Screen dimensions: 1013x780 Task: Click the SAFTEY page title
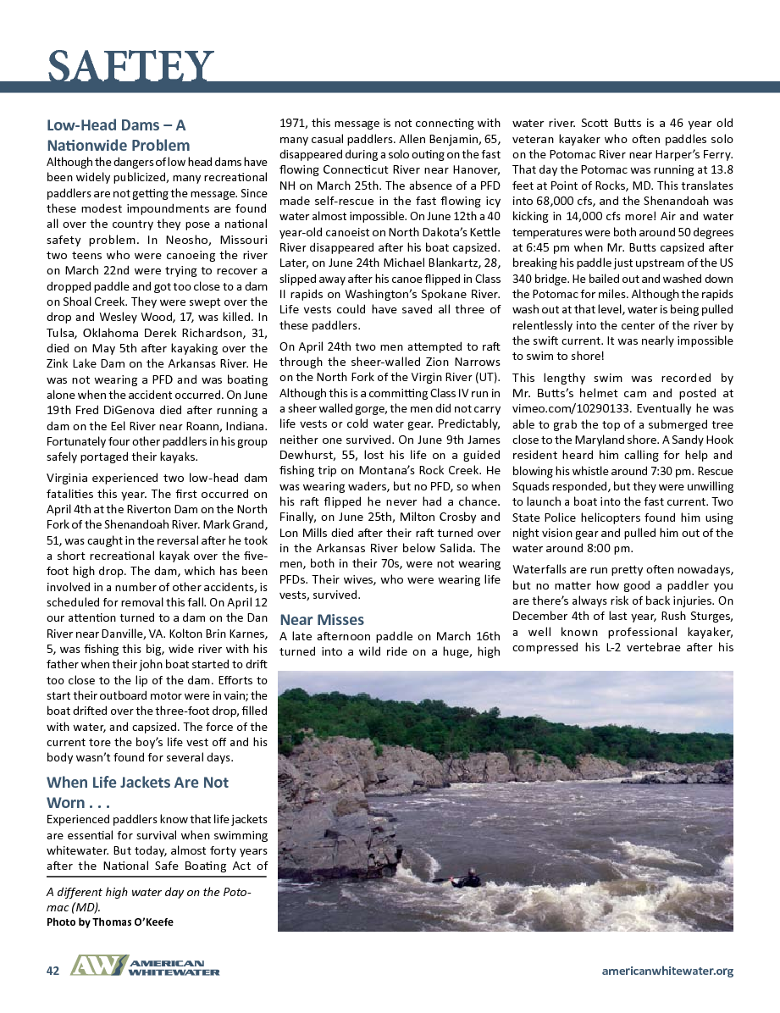click(x=130, y=65)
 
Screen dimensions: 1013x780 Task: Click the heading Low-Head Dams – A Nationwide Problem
click(x=118, y=136)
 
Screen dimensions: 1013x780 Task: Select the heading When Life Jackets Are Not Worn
click(x=137, y=792)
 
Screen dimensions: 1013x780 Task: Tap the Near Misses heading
click(x=322, y=619)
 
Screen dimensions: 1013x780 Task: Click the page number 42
click(x=53, y=971)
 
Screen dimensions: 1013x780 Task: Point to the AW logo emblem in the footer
click(x=97, y=966)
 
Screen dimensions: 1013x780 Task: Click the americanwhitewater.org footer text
click(x=667, y=971)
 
